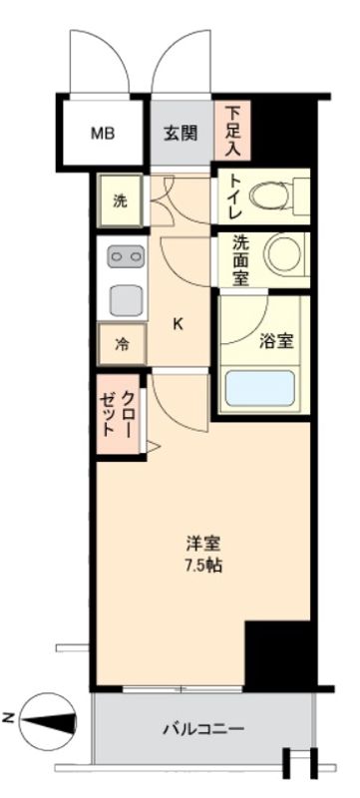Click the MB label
click(104, 133)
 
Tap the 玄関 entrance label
click(180, 134)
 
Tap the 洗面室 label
click(241, 260)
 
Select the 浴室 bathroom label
click(276, 341)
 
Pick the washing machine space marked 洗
click(120, 199)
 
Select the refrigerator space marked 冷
click(122, 345)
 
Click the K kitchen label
click(179, 323)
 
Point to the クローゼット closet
click(120, 413)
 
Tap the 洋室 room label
click(201, 544)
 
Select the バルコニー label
click(202, 729)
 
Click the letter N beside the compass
click(8, 715)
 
